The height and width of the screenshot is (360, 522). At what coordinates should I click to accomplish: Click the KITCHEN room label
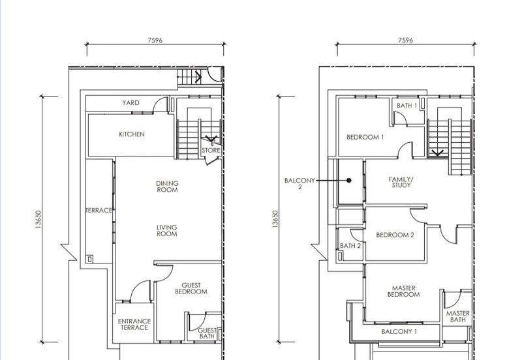click(132, 134)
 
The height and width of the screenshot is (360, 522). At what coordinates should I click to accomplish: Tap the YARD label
click(131, 103)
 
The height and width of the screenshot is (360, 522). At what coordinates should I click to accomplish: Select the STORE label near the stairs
click(211, 151)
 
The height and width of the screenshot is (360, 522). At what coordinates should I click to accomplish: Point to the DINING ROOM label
click(167, 187)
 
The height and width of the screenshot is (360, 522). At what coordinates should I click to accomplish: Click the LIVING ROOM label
click(167, 231)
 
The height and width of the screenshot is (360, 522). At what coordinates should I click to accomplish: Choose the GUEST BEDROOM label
click(191, 288)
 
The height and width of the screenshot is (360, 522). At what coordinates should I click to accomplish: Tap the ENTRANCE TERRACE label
click(134, 324)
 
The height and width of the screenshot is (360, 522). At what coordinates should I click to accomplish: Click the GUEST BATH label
click(207, 333)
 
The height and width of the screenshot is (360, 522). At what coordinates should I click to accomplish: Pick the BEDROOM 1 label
click(365, 137)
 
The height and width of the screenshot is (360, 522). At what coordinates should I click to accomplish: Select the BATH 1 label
click(407, 106)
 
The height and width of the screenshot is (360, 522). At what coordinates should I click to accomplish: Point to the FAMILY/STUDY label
click(401, 183)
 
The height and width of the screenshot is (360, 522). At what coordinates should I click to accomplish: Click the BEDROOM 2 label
click(395, 235)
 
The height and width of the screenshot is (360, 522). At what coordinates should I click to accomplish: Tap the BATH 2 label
click(350, 246)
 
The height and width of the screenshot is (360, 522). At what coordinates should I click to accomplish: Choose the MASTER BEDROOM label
click(403, 291)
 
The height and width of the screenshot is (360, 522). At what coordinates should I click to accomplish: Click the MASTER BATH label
click(458, 316)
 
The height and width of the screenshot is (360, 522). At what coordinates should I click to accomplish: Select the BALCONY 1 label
click(399, 332)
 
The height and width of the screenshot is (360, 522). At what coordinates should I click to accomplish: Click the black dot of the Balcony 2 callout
click(349, 181)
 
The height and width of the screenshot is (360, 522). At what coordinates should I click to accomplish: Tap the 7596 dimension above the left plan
click(155, 40)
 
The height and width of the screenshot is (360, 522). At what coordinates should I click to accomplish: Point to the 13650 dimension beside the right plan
click(275, 219)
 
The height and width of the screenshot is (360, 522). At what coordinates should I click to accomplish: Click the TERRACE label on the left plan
click(99, 210)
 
